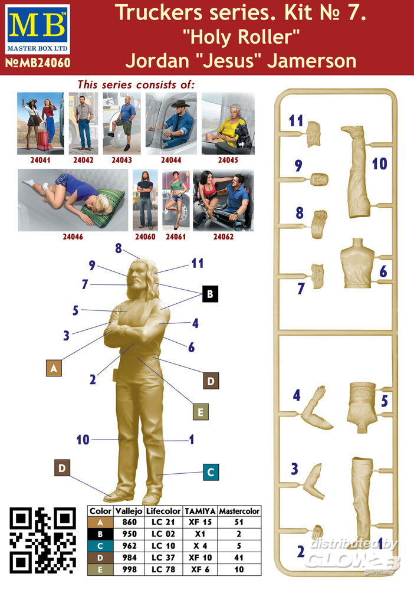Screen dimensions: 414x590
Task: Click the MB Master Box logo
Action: tap(38, 29)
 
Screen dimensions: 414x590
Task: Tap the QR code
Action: tap(42, 540)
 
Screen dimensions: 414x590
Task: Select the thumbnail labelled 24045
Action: tap(228, 123)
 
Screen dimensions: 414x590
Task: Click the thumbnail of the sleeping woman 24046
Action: tap(73, 200)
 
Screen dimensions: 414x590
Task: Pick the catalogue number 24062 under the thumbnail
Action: tap(224, 237)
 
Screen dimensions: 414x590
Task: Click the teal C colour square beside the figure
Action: tap(211, 472)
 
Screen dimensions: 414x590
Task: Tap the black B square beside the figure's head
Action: tap(210, 294)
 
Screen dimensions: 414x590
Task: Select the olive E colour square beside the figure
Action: tap(201, 412)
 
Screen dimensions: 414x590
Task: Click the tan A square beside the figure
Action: tap(54, 368)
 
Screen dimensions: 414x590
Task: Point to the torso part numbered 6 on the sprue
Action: tap(357, 263)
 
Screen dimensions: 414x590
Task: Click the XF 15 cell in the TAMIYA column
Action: tap(200, 522)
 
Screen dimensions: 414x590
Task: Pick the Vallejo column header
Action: tap(129, 511)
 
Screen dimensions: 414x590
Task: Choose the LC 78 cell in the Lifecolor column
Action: tap(163, 569)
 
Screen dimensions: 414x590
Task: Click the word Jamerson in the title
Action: tap(312, 61)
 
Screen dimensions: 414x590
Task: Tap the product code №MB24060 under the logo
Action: tap(38, 63)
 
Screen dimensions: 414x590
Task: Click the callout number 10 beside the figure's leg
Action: tap(83, 440)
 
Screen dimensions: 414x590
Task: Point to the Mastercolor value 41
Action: tap(239, 558)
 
